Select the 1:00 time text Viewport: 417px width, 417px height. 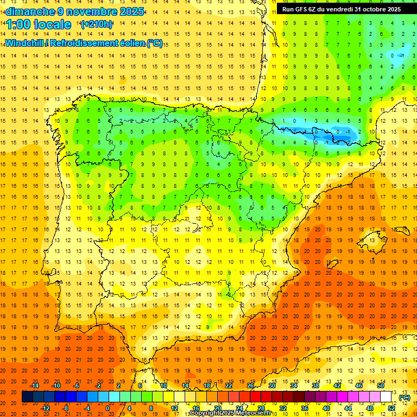tap(18, 24)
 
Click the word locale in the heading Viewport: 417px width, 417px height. tap(52, 24)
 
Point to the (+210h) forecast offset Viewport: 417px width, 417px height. tap(97, 24)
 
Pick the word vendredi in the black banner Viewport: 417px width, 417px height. tap(338, 9)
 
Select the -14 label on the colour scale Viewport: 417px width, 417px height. tap(35, 386)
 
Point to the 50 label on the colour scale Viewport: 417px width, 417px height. tap(381, 386)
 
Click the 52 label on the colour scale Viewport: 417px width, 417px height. tap(391, 408)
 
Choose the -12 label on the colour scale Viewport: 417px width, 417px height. tap(46, 408)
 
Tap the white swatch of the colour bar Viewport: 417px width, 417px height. tap(386, 397)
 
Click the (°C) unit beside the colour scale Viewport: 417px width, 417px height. tap(405, 397)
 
